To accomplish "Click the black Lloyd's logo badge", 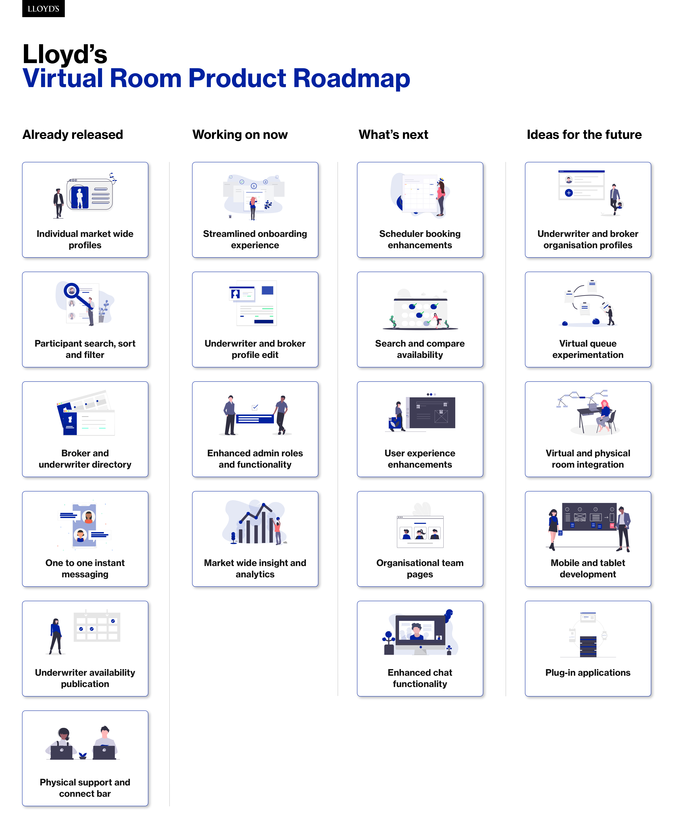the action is click(43, 9).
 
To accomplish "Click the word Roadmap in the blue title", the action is click(352, 78).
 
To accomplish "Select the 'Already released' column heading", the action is click(73, 135).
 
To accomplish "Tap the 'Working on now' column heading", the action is click(240, 135).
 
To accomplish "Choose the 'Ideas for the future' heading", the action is click(584, 135).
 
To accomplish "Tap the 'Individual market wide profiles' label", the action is click(85, 239).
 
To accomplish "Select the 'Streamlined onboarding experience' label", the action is click(255, 239).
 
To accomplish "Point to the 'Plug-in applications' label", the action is click(588, 672).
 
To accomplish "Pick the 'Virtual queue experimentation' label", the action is click(588, 349).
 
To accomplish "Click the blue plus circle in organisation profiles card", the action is click(569, 193).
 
